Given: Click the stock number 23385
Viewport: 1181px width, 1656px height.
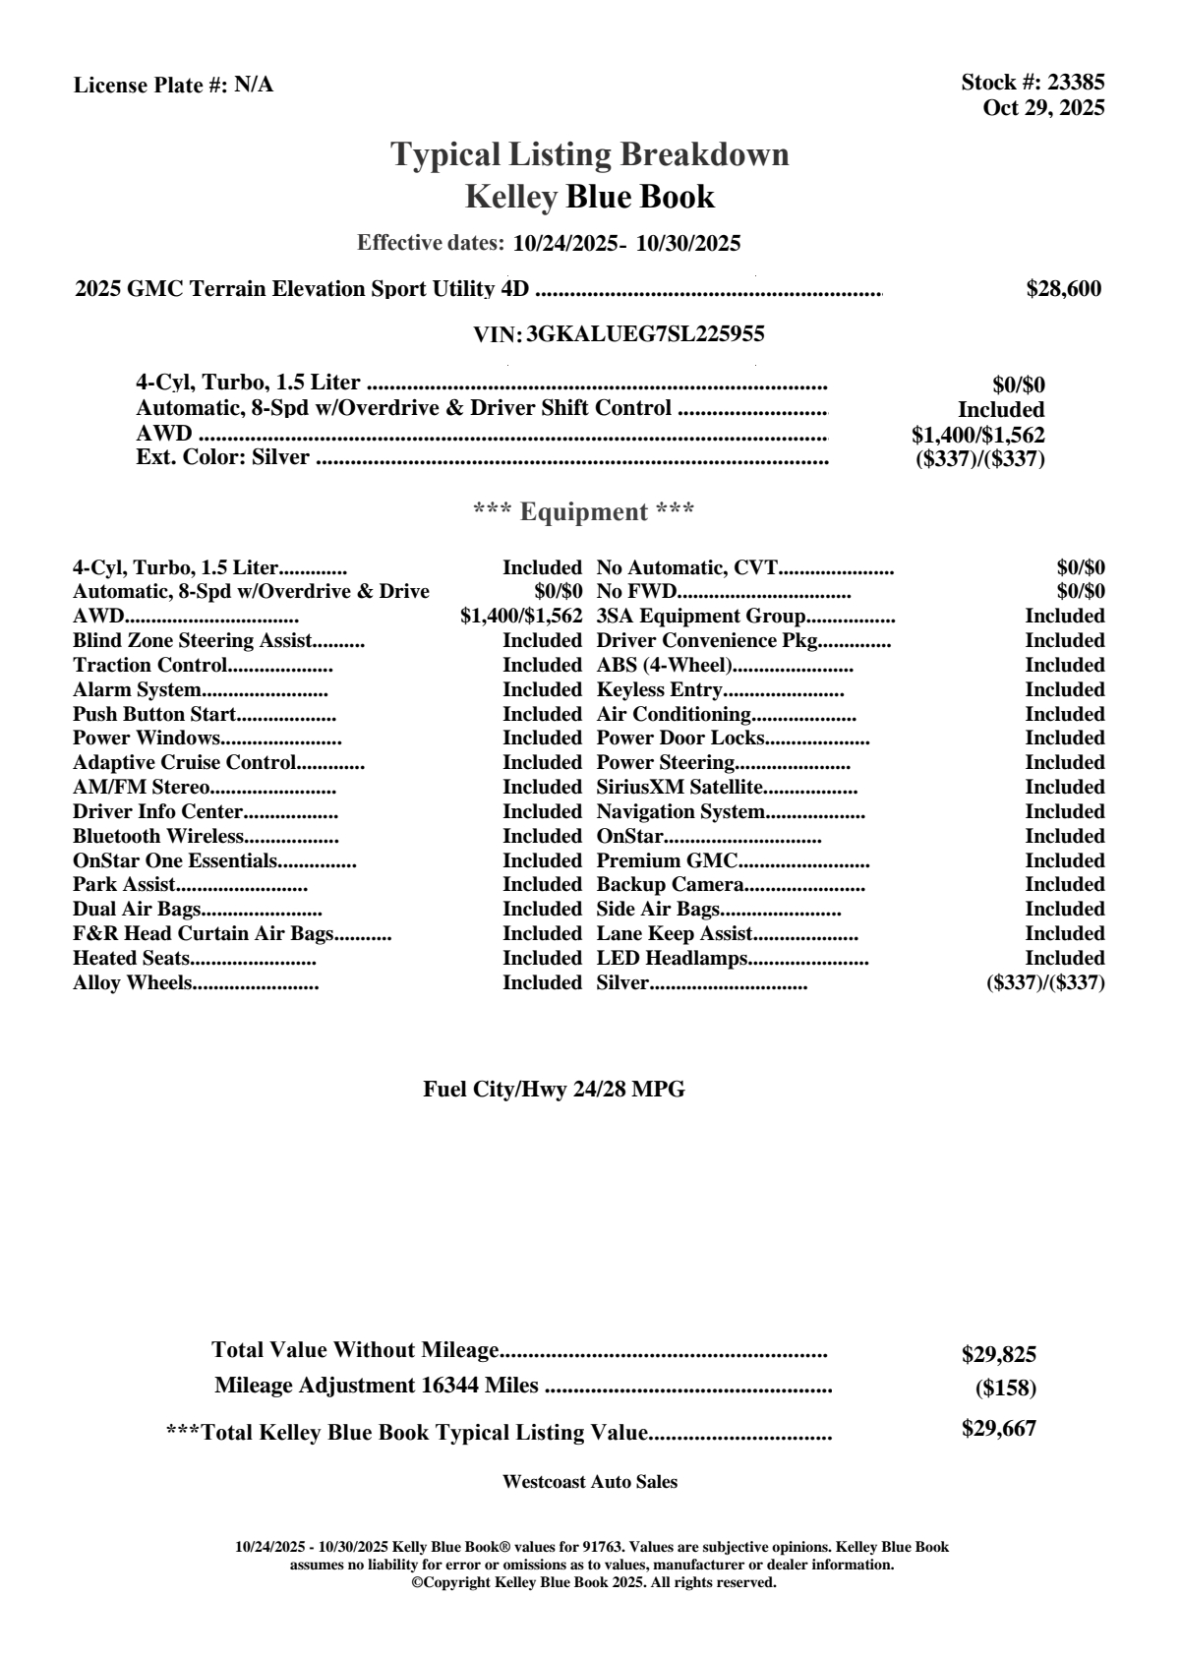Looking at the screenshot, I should point(1076,83).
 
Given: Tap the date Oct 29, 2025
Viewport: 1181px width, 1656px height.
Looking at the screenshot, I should point(1043,107).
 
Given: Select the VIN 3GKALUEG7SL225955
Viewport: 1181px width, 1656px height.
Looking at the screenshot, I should point(645,334).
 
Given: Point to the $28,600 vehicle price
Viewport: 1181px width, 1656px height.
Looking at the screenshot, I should point(1063,289).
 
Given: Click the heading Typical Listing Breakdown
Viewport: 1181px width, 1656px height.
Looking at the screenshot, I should point(590,154).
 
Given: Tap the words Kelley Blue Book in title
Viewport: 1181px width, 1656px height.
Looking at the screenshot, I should point(590,197).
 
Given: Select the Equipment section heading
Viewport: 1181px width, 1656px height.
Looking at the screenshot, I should point(584,512).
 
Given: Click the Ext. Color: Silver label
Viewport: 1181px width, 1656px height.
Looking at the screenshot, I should point(223,457).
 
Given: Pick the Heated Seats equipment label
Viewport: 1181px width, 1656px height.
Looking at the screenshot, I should point(131,959).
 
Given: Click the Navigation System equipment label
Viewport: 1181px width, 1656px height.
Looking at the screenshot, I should point(680,812).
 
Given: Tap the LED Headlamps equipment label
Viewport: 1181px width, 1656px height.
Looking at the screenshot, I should point(673,959).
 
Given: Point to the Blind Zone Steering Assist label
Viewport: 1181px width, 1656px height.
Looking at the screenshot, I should point(192,641).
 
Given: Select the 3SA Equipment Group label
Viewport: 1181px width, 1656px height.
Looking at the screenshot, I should point(701,617).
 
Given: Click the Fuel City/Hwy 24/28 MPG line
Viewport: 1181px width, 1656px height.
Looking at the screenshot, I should point(554,1090).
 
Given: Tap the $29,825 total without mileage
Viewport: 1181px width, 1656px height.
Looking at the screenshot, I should point(998,1354).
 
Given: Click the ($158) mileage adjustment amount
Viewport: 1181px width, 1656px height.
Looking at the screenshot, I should point(1005,1389).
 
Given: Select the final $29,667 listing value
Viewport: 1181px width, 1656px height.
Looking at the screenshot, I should point(998,1429).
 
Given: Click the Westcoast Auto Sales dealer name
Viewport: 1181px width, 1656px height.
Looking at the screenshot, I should point(589,1482).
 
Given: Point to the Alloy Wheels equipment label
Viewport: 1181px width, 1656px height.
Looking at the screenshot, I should point(132,983).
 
